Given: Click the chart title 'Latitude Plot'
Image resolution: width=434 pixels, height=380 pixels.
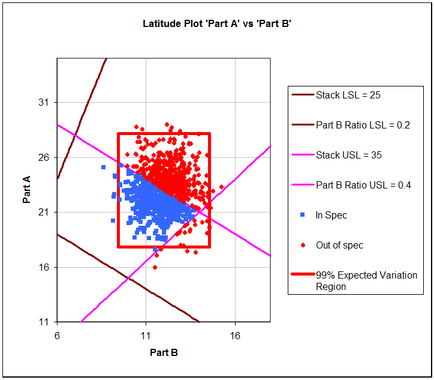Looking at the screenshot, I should point(216,24).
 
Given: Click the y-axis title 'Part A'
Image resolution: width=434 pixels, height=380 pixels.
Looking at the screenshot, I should point(27,190).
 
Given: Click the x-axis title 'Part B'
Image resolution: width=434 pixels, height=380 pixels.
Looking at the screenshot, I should point(164,352).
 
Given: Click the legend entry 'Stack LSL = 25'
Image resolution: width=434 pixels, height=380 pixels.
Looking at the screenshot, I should point(348,95).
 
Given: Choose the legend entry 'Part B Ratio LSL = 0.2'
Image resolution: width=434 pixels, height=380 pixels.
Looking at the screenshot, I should point(363,125).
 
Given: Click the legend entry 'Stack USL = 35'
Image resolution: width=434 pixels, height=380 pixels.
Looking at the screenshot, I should point(349,155).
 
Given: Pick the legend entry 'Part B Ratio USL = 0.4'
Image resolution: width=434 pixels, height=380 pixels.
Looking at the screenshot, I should point(363,185).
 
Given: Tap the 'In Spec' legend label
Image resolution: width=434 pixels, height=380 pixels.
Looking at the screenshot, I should point(331,215).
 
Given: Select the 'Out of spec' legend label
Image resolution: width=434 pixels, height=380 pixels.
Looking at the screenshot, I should point(339,245).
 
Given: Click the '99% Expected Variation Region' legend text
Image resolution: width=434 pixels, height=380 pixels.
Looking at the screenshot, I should point(366,280).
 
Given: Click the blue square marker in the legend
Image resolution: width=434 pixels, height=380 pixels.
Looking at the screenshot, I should point(303,215).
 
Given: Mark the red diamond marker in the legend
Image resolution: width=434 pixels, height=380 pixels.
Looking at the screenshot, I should point(303,245).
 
